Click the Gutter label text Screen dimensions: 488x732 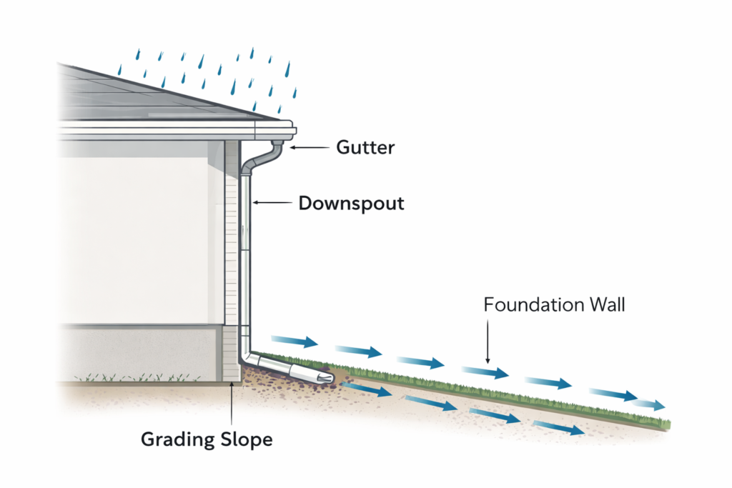[x=365, y=148]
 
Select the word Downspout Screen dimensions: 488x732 [x=351, y=204]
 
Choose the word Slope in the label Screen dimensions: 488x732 [x=244, y=439]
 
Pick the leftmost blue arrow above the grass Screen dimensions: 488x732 [x=294, y=342]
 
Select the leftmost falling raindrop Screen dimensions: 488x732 [x=119, y=70]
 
